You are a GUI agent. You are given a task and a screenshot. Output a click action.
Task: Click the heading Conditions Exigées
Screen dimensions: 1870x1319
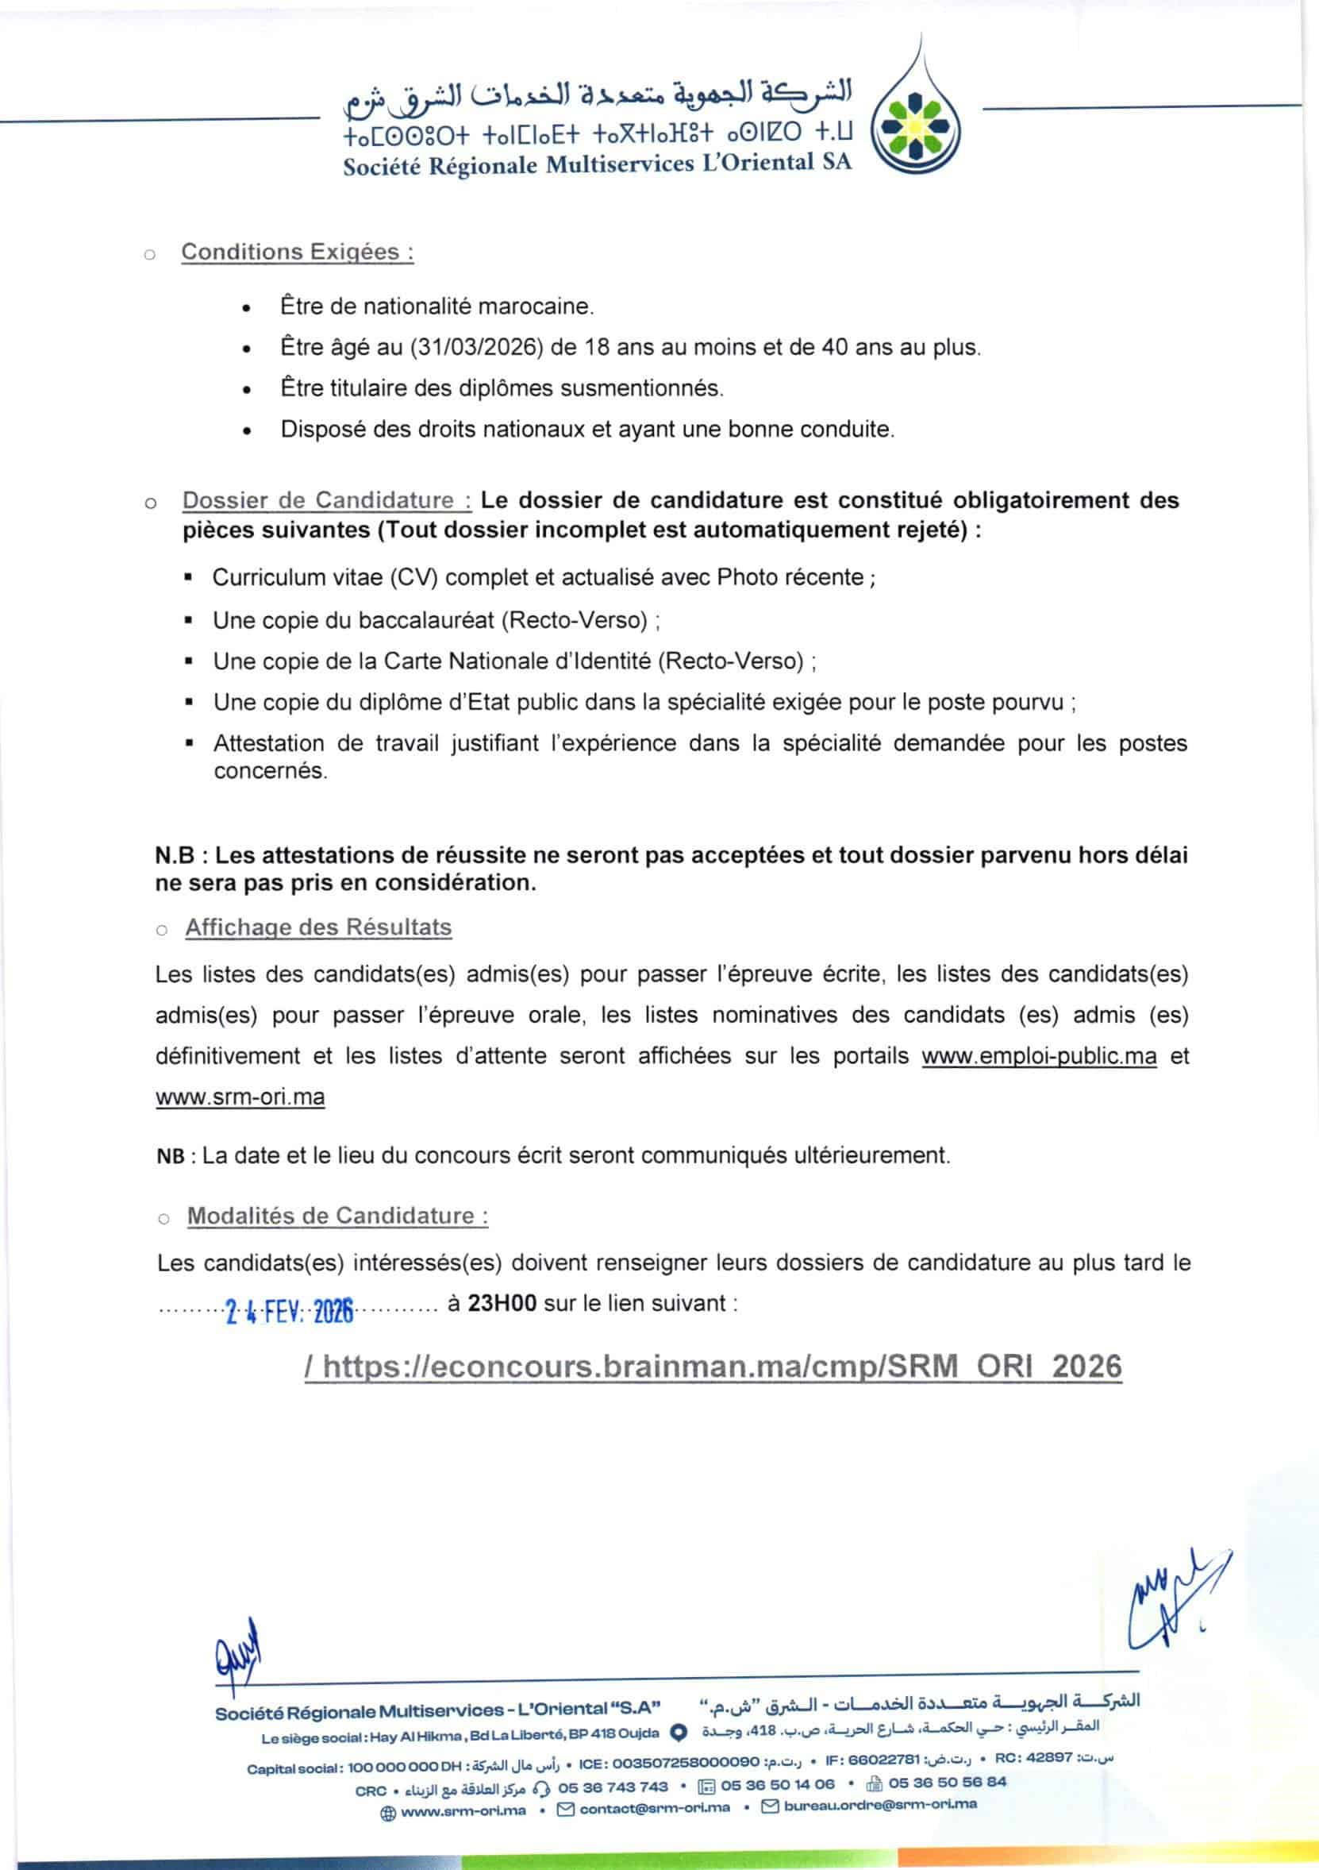coord(297,252)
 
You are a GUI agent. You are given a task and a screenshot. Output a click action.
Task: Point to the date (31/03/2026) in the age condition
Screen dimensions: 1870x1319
coord(476,348)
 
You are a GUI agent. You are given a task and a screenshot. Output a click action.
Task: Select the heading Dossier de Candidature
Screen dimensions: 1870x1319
coord(326,500)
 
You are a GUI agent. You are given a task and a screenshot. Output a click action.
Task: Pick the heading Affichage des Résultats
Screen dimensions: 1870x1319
coord(318,927)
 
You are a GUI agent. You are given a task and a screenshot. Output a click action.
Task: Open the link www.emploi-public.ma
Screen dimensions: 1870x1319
coord(1038,1056)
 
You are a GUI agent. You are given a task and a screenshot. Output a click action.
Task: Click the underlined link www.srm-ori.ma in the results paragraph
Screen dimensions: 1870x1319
coord(240,1097)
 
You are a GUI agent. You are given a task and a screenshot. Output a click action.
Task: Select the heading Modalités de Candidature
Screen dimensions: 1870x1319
coord(338,1216)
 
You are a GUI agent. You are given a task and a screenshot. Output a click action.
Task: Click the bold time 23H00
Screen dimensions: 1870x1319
coord(502,1303)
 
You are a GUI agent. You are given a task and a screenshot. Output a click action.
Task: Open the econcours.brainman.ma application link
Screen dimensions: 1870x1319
coord(713,1366)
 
